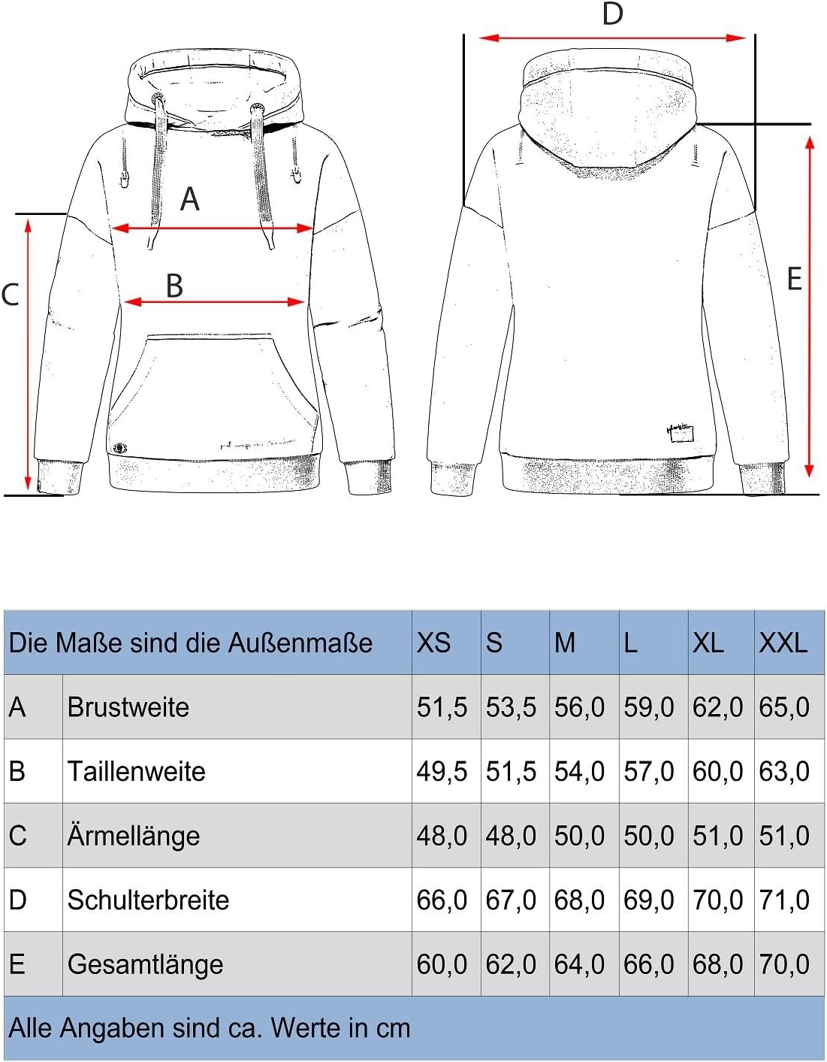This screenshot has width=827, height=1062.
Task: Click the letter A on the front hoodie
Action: click(190, 199)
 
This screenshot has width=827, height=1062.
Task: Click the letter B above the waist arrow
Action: click(174, 286)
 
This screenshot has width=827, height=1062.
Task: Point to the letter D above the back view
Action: click(613, 14)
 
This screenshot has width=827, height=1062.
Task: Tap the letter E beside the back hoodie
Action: click(794, 280)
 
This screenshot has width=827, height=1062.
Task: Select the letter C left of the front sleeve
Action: click(10, 295)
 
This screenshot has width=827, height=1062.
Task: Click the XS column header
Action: click(433, 643)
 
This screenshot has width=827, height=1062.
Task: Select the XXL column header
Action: click(783, 643)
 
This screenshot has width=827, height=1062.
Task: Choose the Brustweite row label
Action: click(128, 707)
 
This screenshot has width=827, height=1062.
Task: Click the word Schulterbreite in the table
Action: click(148, 900)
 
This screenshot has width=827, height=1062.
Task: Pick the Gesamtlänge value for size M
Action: click(579, 964)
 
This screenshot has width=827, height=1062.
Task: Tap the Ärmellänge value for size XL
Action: click(717, 836)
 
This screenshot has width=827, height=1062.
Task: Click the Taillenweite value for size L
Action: click(648, 772)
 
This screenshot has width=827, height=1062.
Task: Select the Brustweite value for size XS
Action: click(442, 707)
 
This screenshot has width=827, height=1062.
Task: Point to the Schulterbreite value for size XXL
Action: click(783, 900)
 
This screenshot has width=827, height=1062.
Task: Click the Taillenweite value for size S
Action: click(511, 772)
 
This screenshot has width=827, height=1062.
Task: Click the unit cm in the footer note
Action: click(393, 1028)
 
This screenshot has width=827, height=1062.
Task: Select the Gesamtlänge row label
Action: click(145, 964)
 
